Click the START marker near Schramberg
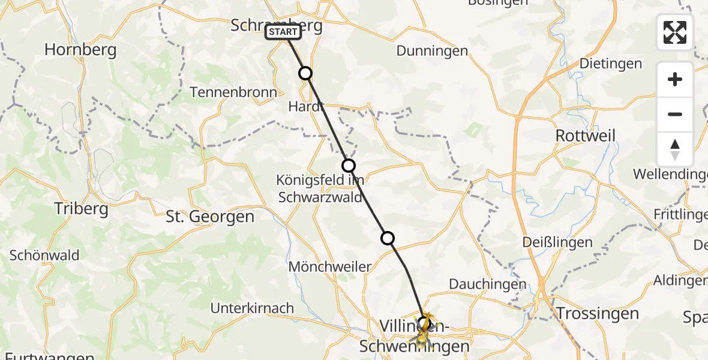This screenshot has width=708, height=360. [x=283, y=32]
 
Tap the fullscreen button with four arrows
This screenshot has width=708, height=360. [x=675, y=32]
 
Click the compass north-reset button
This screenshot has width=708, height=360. [x=675, y=149]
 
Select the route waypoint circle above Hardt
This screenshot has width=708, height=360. [x=305, y=73]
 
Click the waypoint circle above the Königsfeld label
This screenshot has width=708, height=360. [x=349, y=165]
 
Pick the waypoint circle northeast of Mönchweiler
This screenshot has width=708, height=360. [x=388, y=238]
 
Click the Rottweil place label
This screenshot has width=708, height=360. [x=585, y=136]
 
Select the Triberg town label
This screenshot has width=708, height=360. [x=81, y=209]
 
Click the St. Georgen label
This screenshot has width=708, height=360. [x=210, y=217]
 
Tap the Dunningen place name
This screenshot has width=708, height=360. [x=432, y=51]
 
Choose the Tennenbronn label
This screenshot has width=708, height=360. [x=233, y=92]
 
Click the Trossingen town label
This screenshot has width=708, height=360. [x=596, y=313]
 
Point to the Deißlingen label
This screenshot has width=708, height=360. [x=557, y=243]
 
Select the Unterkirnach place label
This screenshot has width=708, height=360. [x=252, y=308]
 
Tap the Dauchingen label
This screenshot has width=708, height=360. [x=487, y=284]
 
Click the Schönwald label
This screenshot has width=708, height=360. [x=44, y=256]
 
